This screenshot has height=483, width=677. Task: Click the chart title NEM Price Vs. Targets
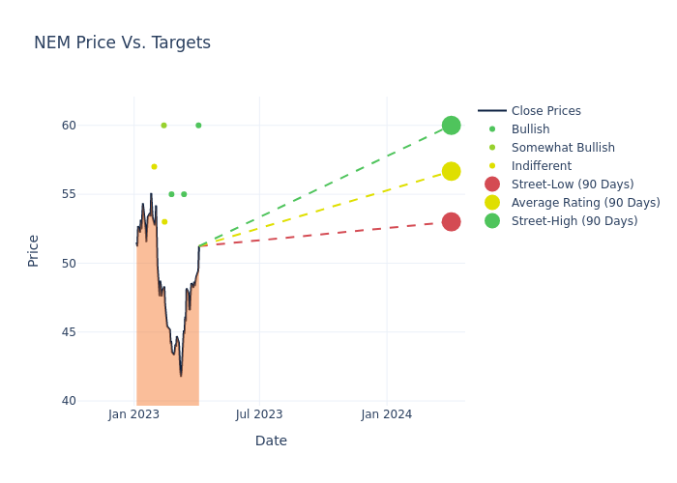click(x=122, y=43)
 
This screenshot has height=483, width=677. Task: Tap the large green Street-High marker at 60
click(x=451, y=126)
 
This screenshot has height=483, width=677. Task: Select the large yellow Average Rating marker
click(x=451, y=171)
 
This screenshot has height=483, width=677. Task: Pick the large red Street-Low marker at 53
click(x=451, y=221)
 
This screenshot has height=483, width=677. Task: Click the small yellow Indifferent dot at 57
click(x=154, y=166)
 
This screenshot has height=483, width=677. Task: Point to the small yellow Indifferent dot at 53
click(x=164, y=221)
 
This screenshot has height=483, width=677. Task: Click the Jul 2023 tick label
click(x=259, y=414)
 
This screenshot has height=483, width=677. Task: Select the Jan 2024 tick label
click(x=387, y=414)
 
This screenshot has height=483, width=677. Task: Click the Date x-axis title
click(x=271, y=440)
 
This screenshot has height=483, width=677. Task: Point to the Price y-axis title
click(x=34, y=250)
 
